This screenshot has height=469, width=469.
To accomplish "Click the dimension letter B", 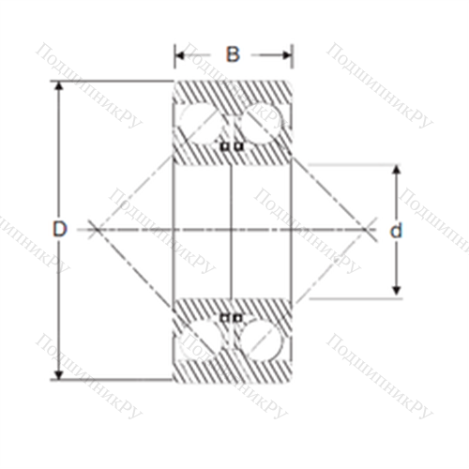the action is (233, 54).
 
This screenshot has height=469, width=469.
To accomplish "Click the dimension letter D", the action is (59, 229).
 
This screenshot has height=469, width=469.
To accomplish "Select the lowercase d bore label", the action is (396, 231).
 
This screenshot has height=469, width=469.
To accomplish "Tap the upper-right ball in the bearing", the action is (262, 123).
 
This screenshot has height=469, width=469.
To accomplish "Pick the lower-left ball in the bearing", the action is (198, 340).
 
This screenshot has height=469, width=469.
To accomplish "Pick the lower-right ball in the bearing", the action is (262, 340).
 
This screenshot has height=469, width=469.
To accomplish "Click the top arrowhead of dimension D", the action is (59, 86).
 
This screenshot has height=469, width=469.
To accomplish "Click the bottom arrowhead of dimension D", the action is (59, 375).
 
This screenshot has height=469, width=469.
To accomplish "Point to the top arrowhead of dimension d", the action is (397, 170).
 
